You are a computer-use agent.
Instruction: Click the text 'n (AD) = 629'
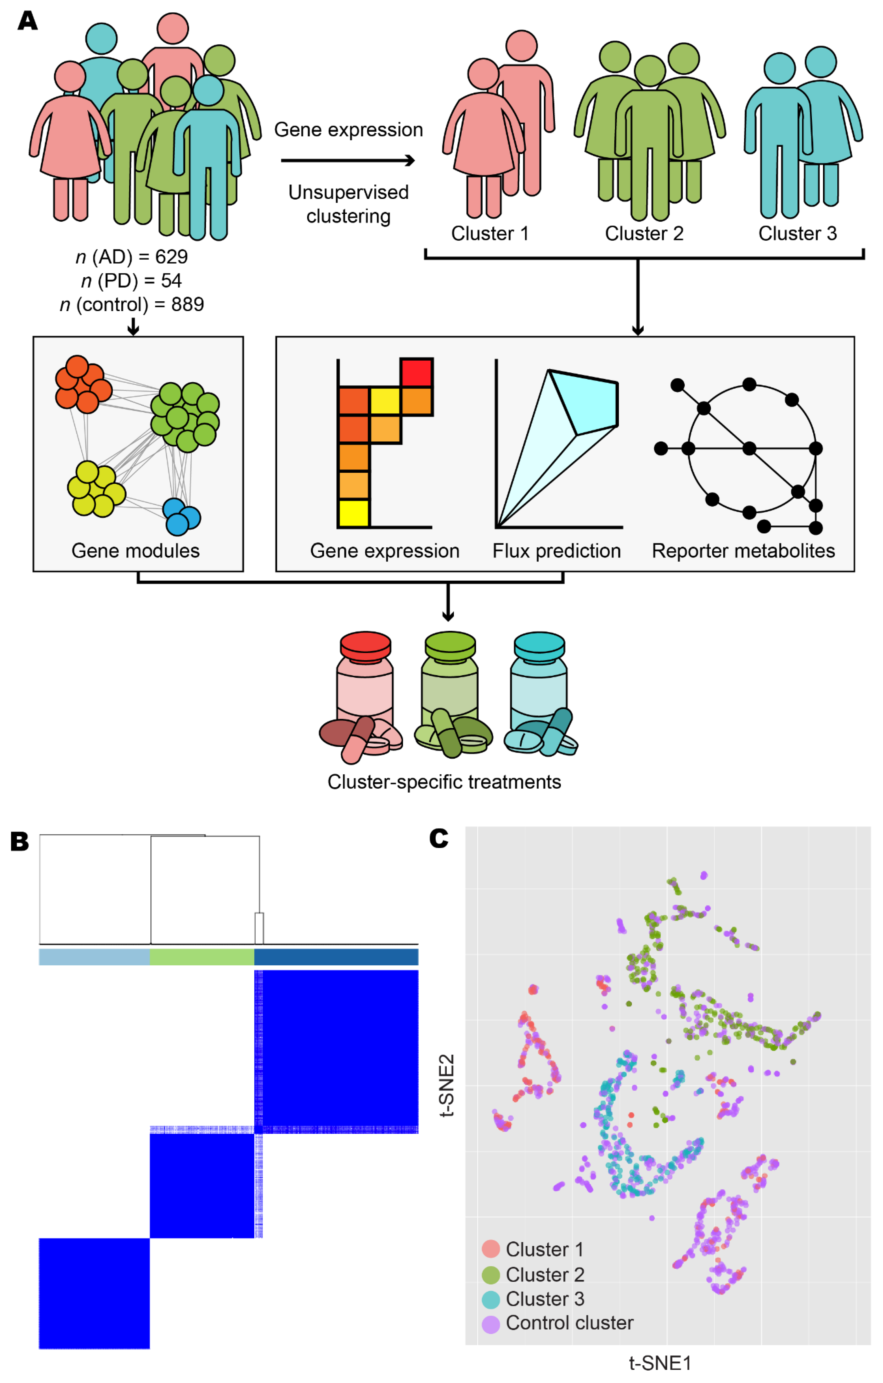tap(132, 257)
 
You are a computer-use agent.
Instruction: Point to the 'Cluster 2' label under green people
tap(644, 234)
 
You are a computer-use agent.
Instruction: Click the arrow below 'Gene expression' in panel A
tap(348, 161)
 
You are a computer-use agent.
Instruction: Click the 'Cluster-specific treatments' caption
tap(444, 782)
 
